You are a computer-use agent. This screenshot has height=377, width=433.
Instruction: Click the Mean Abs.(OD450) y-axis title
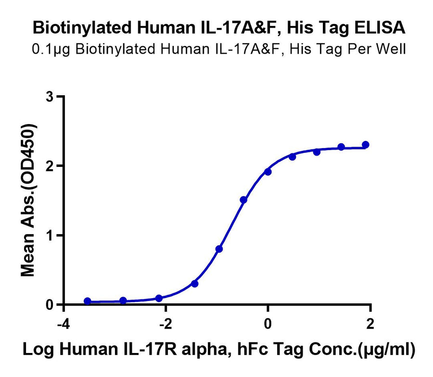pyautogui.click(x=29, y=200)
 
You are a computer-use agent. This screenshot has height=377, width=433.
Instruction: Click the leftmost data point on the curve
pyautogui.click(x=87, y=301)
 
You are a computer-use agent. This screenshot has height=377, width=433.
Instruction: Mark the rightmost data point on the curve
pyautogui.click(x=366, y=145)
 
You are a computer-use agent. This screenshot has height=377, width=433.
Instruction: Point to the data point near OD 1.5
pyautogui.click(x=243, y=200)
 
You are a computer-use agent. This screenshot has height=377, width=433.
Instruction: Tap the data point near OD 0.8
pyautogui.click(x=219, y=249)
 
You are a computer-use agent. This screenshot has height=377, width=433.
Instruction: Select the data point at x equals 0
pyautogui.click(x=268, y=172)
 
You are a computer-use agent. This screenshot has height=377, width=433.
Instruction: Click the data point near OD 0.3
pyautogui.click(x=194, y=284)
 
